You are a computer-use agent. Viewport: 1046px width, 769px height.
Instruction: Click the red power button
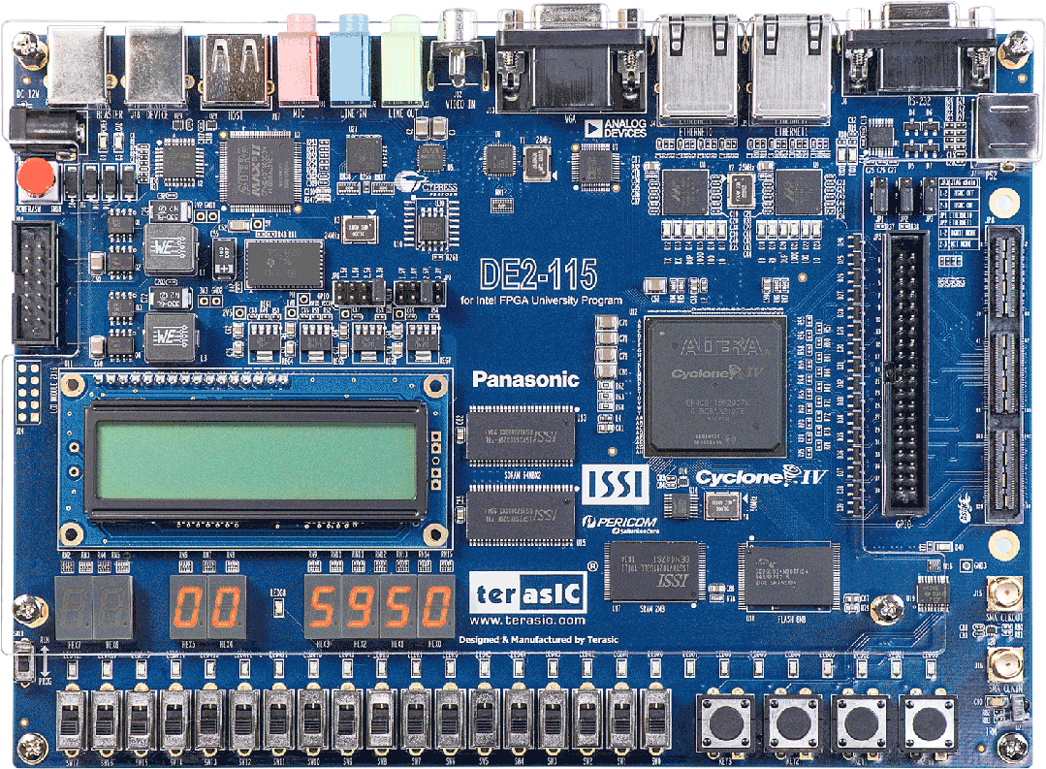[x=36, y=176]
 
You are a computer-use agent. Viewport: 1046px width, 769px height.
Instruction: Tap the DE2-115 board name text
[x=538, y=275]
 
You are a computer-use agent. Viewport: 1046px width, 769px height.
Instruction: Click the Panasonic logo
[x=525, y=379]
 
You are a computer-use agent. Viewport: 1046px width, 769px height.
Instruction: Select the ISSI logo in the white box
[x=615, y=484]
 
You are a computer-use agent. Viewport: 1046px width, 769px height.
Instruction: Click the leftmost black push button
[x=727, y=720]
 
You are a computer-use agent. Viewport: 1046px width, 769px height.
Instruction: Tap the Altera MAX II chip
[x=258, y=168]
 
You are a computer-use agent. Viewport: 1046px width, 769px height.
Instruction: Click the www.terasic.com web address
[x=527, y=620]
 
